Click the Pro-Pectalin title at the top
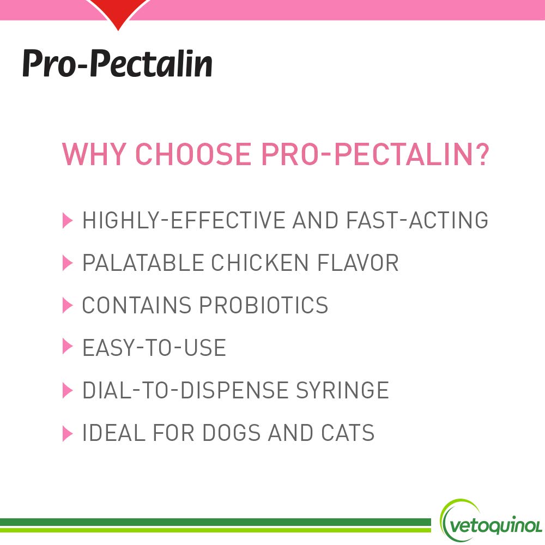click(x=117, y=64)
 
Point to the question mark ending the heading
click(x=480, y=154)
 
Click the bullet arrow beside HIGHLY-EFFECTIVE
click(x=68, y=221)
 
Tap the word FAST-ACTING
click(x=417, y=220)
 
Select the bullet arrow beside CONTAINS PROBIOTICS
click(x=68, y=305)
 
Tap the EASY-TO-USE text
click(x=154, y=348)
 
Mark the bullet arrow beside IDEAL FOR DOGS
click(x=68, y=433)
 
